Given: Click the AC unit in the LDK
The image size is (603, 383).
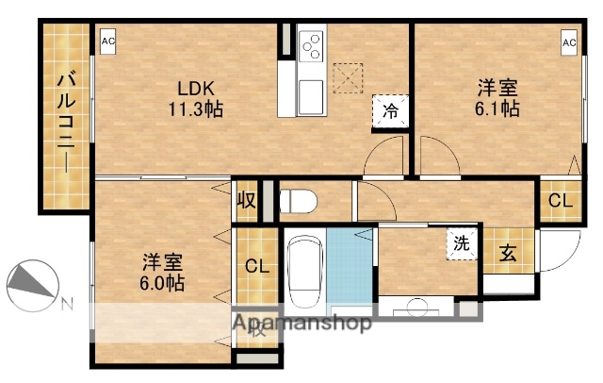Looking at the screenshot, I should click(x=108, y=42).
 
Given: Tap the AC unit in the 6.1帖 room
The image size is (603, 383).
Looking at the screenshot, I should click(x=570, y=42).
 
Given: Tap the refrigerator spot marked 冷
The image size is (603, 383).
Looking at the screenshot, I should click(x=389, y=110).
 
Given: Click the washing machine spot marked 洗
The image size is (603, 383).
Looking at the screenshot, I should click(x=462, y=243).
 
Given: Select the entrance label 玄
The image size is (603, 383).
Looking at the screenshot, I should click(x=507, y=253).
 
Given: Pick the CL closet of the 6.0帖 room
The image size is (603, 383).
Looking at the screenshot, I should click(x=257, y=267).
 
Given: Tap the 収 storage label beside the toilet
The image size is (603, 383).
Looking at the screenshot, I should click(x=247, y=200).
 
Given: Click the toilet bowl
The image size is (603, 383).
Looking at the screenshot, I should click(x=300, y=201).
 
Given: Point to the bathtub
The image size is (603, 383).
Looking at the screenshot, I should click(x=303, y=272).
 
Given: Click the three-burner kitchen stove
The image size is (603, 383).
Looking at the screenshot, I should click(x=311, y=44).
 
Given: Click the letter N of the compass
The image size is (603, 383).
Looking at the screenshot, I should click(x=67, y=304).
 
